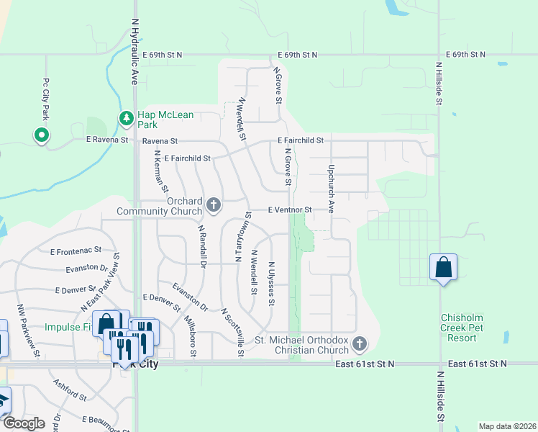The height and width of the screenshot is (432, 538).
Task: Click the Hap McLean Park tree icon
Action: [x=127, y=117]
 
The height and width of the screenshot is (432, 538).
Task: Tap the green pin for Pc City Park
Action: [x=41, y=134]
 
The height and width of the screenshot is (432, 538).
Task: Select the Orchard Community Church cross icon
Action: [x=213, y=206]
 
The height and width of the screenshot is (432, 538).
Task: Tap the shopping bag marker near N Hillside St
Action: [x=443, y=268]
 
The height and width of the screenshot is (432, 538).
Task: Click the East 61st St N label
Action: [x=365, y=364]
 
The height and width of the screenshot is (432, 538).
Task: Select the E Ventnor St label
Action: [x=289, y=210]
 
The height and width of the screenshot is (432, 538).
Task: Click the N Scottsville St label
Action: [x=233, y=332]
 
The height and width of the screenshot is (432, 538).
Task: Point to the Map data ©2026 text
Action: [x=507, y=426]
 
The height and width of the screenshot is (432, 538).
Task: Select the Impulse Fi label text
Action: [x=66, y=326]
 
